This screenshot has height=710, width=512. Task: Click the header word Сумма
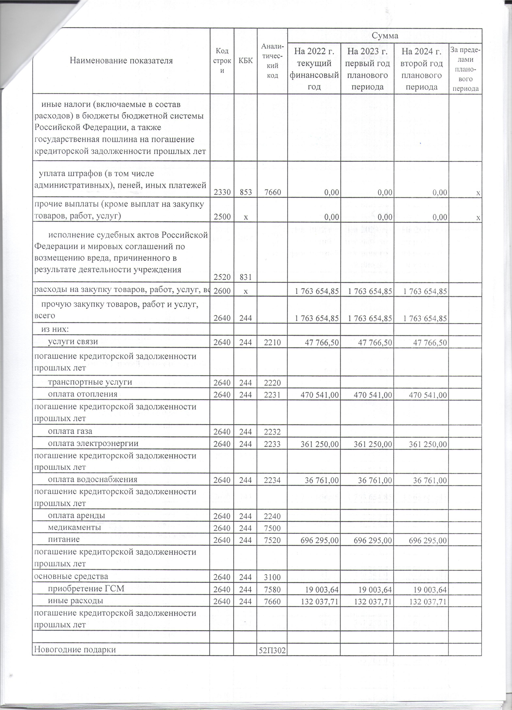(x=385, y=36)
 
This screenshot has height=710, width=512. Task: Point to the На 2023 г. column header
(x=367, y=69)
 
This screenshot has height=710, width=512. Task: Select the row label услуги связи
(x=73, y=342)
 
